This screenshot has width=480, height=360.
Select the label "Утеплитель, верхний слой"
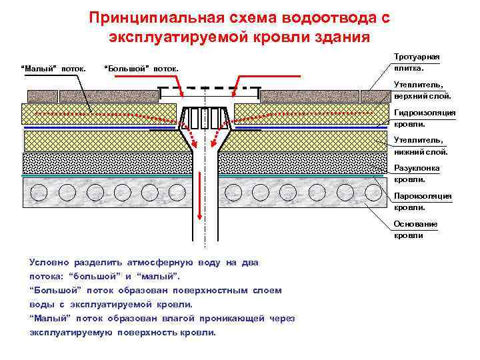(417, 91)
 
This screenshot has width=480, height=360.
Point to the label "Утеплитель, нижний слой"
(417, 146)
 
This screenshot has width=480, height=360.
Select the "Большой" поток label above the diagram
(142, 68)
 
